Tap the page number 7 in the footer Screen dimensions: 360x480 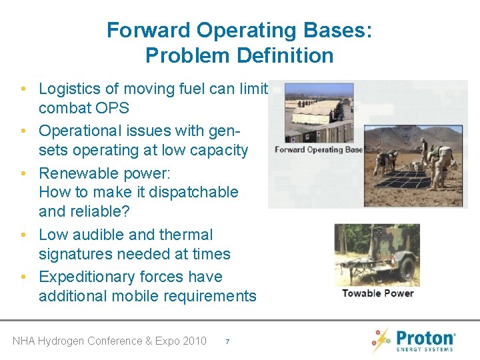coord(227,341)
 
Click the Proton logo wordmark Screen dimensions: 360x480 coord(425,337)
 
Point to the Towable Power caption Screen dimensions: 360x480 coord(377,293)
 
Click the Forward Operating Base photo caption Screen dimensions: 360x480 coord(319,149)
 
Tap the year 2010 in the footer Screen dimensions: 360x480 coord(193,341)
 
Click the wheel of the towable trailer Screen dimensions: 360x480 coord(406,269)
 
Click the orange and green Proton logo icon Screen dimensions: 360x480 coord(381,339)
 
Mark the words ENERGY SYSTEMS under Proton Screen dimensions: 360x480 coord(425,349)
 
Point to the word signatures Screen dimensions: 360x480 coord(77,254)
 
